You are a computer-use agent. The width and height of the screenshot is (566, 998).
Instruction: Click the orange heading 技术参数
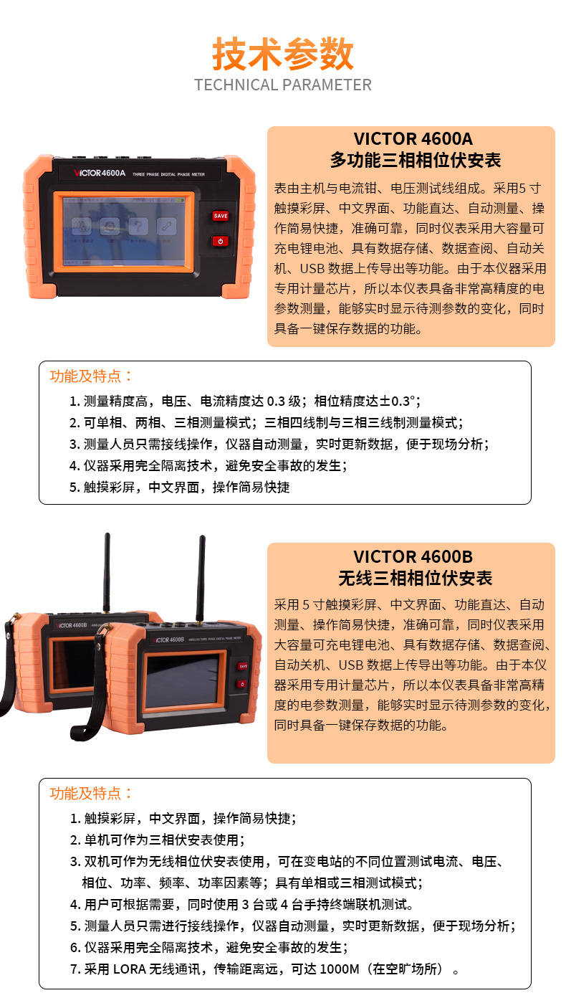point(283,54)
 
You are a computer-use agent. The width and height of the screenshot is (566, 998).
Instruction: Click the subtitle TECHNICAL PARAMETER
point(283,85)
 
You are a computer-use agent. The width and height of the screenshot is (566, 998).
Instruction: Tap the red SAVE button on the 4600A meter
point(221,216)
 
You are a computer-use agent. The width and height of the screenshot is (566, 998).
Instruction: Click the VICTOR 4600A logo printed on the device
point(100,173)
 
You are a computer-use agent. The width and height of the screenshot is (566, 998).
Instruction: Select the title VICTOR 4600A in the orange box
point(413,138)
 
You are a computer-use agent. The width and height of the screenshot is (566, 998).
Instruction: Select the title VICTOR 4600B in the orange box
point(413,556)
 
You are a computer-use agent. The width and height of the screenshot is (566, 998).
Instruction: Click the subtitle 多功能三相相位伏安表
point(416,160)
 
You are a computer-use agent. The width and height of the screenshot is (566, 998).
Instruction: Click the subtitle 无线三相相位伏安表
point(416,579)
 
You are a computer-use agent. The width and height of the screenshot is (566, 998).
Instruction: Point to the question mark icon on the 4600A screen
point(138,226)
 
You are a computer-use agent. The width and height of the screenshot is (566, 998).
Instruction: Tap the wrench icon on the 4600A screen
point(166,226)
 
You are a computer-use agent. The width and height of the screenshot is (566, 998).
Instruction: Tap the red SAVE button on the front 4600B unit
point(243,667)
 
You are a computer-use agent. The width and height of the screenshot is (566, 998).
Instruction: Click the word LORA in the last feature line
point(130,969)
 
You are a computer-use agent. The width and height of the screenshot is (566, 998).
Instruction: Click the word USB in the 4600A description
point(312,268)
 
